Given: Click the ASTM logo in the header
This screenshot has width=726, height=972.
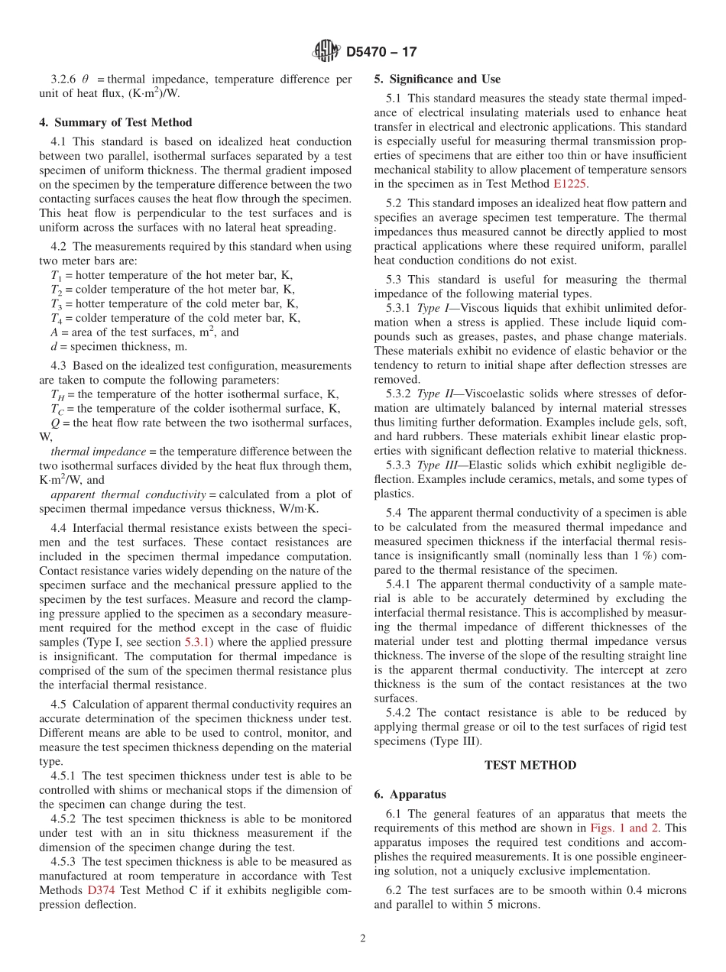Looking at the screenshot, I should pyautogui.click(x=326, y=52).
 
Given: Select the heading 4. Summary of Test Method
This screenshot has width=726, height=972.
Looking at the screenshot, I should pyautogui.click(x=115, y=122).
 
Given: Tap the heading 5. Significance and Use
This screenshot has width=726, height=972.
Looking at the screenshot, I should pyautogui.click(x=437, y=79).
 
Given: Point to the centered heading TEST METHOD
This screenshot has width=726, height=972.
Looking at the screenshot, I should pyautogui.click(x=530, y=765).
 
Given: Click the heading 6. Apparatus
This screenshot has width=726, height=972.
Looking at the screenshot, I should pyautogui.click(x=410, y=794).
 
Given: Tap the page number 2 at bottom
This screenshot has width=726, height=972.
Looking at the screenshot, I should pyautogui.click(x=363, y=938).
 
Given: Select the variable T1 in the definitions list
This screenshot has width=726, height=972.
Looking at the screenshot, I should pyautogui.click(x=56, y=276).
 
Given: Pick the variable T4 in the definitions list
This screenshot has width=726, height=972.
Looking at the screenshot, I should pyautogui.click(x=56, y=319).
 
